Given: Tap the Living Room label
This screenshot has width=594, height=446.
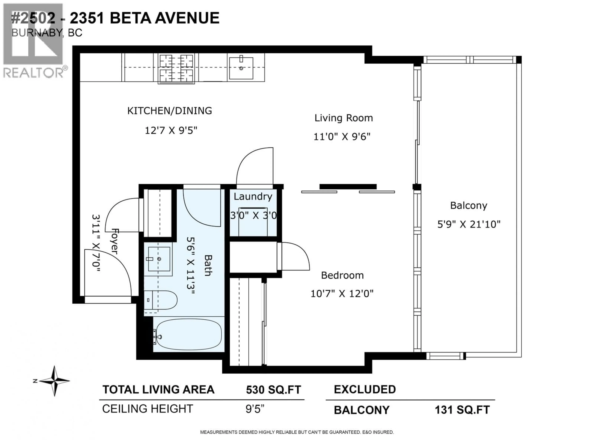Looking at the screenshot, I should (343, 118).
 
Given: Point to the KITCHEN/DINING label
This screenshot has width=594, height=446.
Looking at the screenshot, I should (169, 111).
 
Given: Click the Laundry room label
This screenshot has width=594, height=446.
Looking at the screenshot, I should (253, 197).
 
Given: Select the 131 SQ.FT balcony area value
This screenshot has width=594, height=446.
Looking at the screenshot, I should (462, 410).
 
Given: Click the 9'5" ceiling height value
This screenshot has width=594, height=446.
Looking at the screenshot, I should (255, 409).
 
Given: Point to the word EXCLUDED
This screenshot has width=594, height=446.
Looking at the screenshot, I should (365, 389).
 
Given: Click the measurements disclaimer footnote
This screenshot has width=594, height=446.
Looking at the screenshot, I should (297, 432).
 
